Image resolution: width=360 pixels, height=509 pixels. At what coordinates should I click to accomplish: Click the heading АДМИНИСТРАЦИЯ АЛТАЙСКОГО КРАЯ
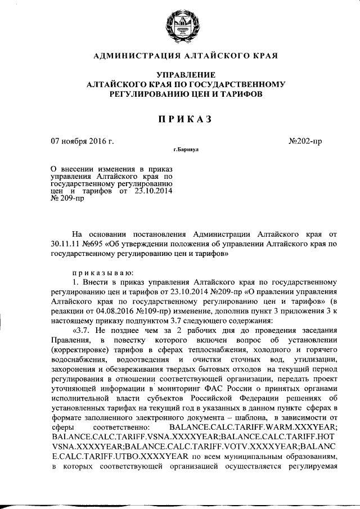pos(179,57)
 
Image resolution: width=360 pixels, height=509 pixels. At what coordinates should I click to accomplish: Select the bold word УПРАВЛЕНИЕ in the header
pos(179,75)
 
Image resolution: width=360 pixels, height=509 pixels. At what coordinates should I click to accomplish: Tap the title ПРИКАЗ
pos(179,119)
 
